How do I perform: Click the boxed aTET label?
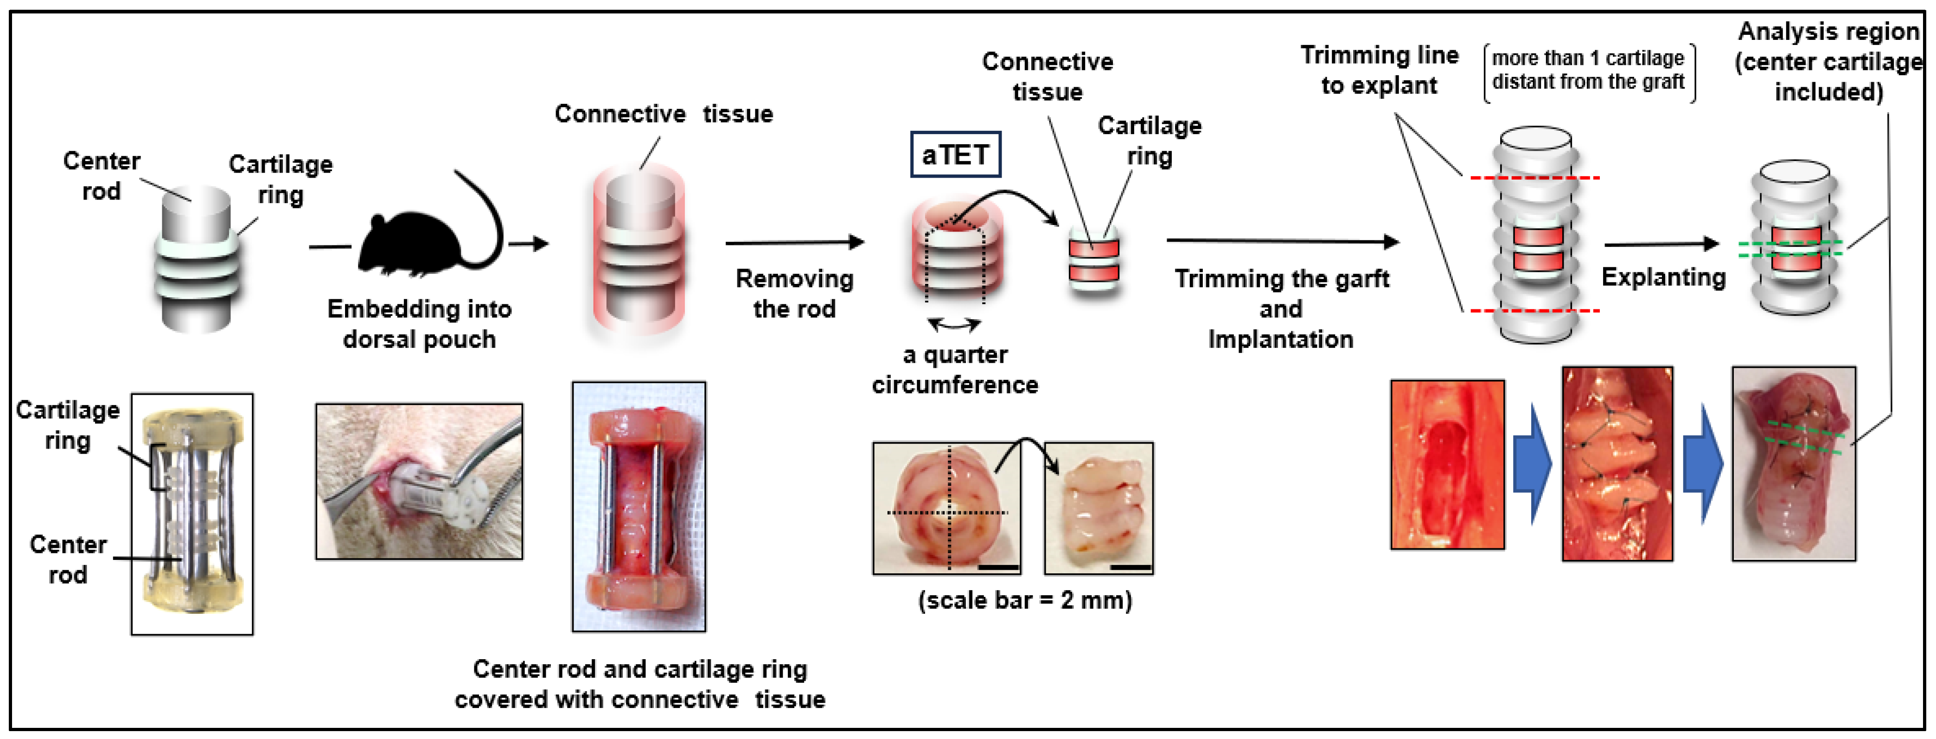pyautogui.click(x=954, y=155)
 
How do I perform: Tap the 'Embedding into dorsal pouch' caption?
pyautogui.click(x=419, y=323)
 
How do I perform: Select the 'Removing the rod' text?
pyautogui.click(x=794, y=293)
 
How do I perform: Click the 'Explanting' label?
pyautogui.click(x=1663, y=276)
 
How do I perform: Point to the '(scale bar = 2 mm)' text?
pyautogui.click(x=1024, y=600)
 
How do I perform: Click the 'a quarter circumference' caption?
pyautogui.click(x=954, y=369)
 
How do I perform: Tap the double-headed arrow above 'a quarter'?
pyautogui.click(x=954, y=324)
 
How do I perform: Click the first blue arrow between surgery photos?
pyautogui.click(x=1532, y=463)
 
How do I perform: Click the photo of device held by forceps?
pyautogui.click(x=419, y=481)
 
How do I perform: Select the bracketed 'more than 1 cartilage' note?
pyautogui.click(x=1588, y=70)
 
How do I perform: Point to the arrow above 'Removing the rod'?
pyautogui.click(x=794, y=242)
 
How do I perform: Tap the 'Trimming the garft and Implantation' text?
pyautogui.click(x=1281, y=308)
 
